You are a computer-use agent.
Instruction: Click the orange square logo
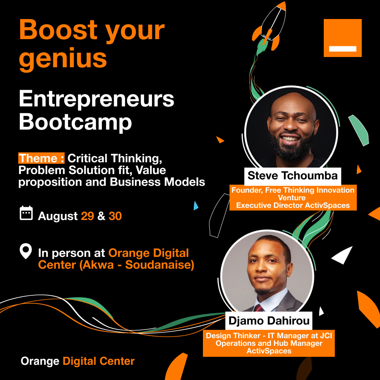342,38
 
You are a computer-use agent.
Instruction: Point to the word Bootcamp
75,122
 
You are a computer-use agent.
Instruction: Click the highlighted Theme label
41,158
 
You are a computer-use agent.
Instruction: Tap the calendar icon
26,213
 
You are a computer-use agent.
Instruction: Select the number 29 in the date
87,216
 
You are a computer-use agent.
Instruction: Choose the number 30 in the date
115,216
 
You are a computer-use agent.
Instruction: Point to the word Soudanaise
159,264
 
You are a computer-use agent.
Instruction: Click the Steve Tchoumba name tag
293,176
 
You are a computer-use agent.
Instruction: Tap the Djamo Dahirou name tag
269,321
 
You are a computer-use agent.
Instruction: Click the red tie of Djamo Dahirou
258,308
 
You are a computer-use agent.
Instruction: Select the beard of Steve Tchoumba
291,147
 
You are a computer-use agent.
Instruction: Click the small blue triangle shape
196,206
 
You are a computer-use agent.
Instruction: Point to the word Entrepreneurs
97,99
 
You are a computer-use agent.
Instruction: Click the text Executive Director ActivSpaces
293,206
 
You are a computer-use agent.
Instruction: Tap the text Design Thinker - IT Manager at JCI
269,336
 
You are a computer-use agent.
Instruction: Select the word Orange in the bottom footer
40,361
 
